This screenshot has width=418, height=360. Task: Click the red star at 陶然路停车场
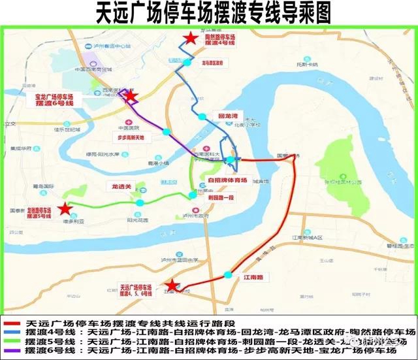coord(189,39)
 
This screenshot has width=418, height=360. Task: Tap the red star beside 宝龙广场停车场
coord(131,97)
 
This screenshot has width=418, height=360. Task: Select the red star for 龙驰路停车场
coord(64,209)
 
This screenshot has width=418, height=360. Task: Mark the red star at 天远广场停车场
coord(171,286)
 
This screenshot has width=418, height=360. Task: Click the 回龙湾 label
coord(227,116)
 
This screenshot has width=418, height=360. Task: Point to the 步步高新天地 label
coord(135,137)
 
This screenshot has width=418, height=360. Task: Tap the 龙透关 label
coord(120,187)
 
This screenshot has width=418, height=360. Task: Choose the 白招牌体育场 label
coord(227,180)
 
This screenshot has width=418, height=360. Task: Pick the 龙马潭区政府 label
coord(213,63)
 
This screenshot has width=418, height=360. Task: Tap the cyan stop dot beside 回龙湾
coord(202,116)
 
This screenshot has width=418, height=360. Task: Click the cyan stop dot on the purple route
coord(167,132)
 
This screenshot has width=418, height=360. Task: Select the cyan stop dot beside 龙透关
coord(139,203)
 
